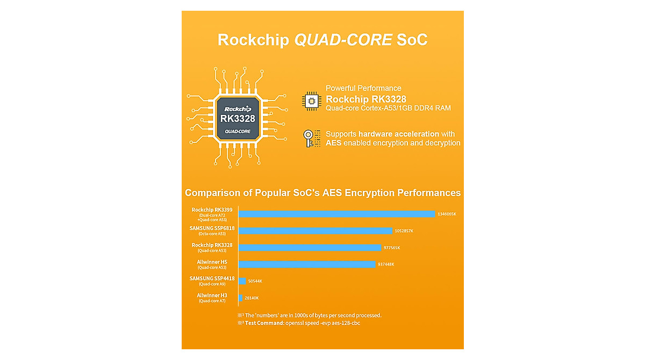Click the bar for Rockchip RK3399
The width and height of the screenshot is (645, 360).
336,214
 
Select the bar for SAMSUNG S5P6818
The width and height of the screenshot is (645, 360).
315,231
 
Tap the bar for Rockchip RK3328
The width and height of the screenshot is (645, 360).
310,248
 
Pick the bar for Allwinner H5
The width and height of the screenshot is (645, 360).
306,264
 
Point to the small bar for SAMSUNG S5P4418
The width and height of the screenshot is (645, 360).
242,281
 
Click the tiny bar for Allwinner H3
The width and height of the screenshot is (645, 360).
241,298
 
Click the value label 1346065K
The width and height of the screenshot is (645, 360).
447,214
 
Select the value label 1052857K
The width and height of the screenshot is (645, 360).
404,231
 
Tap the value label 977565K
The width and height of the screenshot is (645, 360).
391,248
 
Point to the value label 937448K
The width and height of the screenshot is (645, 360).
386,264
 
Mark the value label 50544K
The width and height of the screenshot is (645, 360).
255,281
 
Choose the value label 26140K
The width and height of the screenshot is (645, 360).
252,298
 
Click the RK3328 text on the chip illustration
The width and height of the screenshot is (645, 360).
237,118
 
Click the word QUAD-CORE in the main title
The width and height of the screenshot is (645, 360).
343,40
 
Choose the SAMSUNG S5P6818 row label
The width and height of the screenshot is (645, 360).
212,228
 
